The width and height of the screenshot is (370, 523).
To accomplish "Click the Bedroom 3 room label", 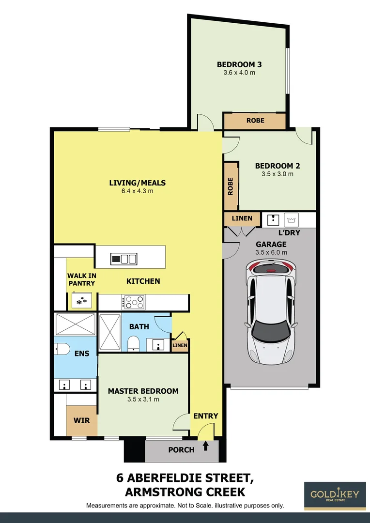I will pyautogui.click(x=236, y=64).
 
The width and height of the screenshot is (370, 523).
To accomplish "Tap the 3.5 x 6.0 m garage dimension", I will pyautogui.click(x=271, y=252).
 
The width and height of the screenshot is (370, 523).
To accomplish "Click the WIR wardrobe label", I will pyautogui.click(x=82, y=420).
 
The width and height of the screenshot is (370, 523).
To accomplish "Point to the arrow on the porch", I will pyautogui.click(x=205, y=446).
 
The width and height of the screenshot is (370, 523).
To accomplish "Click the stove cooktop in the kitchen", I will pyautogui.click(x=134, y=303).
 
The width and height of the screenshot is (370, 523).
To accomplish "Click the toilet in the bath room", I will pyautogui.click(x=133, y=344).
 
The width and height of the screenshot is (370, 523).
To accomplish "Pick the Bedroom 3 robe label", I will pyautogui.click(x=255, y=120).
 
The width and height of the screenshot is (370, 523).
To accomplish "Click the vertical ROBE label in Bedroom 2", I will pyautogui.click(x=231, y=186).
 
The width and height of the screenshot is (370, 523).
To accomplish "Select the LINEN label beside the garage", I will pyautogui.click(x=242, y=218).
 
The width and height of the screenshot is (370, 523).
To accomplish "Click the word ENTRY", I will pyautogui.click(x=206, y=416).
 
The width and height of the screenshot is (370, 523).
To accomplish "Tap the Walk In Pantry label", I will pyautogui.click(x=81, y=279).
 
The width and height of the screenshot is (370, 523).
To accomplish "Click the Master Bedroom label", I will pyautogui.click(x=143, y=391).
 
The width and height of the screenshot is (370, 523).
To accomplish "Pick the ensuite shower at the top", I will pyautogui.click(x=76, y=323).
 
